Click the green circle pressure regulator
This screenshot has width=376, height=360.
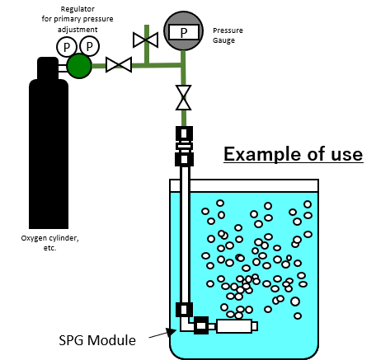pos(79,66)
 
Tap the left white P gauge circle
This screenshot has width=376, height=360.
pos(66,47)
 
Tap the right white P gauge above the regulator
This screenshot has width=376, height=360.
pos(89,46)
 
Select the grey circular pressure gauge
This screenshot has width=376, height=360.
pos(183,30)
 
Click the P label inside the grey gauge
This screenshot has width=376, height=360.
pos(183,32)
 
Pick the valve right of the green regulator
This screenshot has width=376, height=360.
pos(119,65)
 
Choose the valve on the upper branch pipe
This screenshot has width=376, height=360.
pos(146,40)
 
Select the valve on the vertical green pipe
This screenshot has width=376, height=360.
pos(183,97)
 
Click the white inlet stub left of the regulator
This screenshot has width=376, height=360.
pos(62,68)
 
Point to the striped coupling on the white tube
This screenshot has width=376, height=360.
pos(184,147)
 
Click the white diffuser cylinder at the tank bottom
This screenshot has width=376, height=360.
pos(233,326)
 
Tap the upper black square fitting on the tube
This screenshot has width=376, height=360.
pos(184,310)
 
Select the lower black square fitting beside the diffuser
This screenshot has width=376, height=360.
pos(201,325)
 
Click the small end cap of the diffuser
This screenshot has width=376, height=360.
pos(255,326)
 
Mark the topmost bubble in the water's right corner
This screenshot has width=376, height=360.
pos(308,204)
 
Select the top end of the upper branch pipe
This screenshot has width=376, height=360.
pos(147,27)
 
